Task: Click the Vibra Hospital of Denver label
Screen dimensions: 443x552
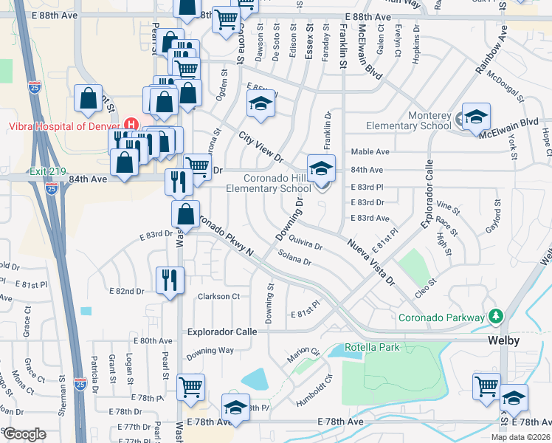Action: point(63,126)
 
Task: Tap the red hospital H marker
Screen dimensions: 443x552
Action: point(132,124)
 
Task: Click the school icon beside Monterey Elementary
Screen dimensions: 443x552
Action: point(476,117)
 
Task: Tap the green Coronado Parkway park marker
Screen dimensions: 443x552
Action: point(496,317)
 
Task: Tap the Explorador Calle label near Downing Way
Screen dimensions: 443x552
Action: point(221,332)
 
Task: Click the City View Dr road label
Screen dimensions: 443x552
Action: point(261,147)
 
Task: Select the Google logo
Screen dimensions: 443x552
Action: point(24,434)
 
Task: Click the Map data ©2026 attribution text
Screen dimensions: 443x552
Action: point(521,437)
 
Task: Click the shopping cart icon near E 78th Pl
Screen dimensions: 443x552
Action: point(190,385)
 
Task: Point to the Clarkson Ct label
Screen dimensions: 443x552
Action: point(218,297)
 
